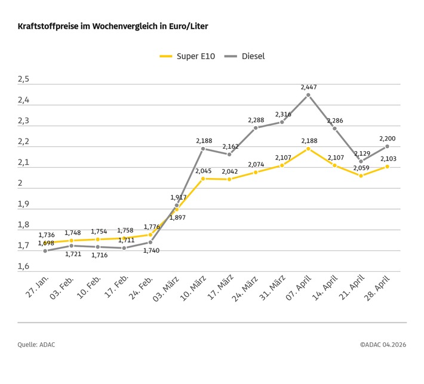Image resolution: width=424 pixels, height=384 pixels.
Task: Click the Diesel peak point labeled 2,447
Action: click(x=308, y=95)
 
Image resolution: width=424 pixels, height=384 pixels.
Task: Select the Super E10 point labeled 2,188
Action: click(x=308, y=148)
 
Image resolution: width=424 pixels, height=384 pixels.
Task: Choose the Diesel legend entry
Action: click(x=245, y=56)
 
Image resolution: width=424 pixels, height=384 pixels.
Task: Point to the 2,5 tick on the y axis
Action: click(x=23, y=79)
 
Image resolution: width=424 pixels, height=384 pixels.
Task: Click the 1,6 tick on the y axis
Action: click(x=23, y=266)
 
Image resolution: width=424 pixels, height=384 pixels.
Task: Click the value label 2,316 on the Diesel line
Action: click(x=282, y=114)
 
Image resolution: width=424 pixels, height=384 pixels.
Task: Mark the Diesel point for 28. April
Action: click(x=387, y=146)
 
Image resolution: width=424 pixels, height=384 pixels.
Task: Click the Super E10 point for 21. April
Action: click(x=361, y=176)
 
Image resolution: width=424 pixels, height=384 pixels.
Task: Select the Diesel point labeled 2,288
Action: click(x=256, y=128)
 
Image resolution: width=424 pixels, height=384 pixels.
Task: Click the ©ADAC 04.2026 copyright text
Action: click(x=383, y=344)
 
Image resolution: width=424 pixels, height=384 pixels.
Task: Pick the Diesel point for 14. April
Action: click(x=334, y=128)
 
